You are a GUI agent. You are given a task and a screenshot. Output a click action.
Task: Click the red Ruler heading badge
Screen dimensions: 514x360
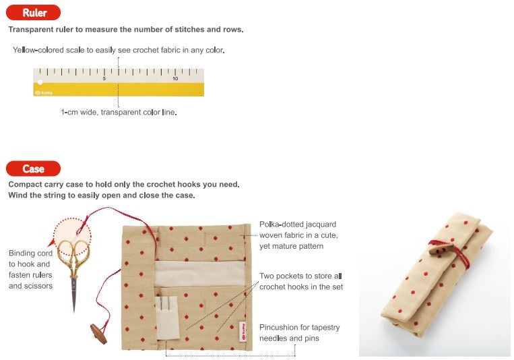point(33,13)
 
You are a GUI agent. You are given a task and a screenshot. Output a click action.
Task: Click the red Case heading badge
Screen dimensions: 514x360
point(33,169)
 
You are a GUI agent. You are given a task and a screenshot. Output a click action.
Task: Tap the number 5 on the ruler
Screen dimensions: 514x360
point(104,79)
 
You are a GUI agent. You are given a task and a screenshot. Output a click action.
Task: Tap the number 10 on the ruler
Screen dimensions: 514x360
point(175,79)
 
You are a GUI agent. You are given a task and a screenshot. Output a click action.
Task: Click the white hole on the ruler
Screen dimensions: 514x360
point(40,82)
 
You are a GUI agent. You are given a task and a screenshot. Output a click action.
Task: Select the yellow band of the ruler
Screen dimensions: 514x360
point(119,89)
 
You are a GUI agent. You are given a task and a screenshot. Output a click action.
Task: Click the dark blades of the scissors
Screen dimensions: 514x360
point(74,295)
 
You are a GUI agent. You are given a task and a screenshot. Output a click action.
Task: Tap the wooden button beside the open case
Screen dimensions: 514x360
point(98,334)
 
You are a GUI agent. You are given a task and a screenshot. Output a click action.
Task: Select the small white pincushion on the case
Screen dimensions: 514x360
point(168,318)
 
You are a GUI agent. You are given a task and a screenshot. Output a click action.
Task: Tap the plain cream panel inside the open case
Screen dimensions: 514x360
point(200,274)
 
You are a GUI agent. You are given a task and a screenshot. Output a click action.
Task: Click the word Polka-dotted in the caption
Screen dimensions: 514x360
point(282,224)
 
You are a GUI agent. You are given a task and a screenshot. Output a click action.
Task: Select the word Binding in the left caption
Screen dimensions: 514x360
point(22,253)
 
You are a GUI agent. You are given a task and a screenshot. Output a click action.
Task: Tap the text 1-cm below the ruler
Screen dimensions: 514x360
point(69,112)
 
